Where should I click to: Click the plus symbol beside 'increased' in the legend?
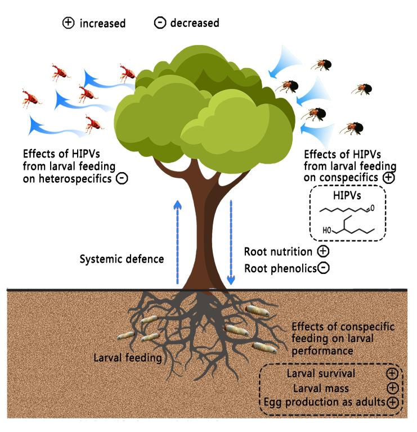point(68,24)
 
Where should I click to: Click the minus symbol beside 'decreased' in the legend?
point(160,24)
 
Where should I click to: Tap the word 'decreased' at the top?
point(194,24)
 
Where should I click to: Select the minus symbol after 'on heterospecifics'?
point(122,179)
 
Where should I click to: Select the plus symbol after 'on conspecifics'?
point(388,177)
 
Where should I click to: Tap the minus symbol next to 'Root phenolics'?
point(324,268)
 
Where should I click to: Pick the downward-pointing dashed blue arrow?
point(230,242)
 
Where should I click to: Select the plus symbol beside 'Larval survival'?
point(392,373)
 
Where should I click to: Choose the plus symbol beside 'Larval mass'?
point(392,388)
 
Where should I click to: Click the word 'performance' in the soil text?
point(322,351)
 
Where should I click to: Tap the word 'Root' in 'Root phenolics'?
point(256,268)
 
